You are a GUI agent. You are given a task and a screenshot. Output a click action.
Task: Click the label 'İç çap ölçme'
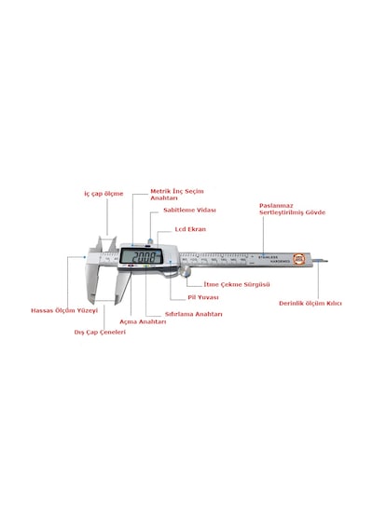coord(104,194)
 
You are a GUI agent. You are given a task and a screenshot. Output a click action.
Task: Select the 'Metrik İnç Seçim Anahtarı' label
coord(177,195)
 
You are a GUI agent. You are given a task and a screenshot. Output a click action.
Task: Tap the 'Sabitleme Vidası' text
coord(189,210)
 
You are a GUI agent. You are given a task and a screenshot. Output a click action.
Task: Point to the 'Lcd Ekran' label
coord(190,229)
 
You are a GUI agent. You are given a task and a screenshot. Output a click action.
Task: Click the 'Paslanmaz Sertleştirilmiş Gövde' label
coord(292,210)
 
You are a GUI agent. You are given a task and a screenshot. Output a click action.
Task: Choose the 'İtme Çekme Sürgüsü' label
coord(237,284)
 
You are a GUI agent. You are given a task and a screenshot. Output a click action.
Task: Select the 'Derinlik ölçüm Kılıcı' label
coord(311,304)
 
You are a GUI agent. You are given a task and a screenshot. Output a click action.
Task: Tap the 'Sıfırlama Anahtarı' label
coord(194,314)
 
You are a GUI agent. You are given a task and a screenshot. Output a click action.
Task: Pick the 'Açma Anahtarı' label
coord(143,321)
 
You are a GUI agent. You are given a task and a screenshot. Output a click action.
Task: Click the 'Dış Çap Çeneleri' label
coord(100,333)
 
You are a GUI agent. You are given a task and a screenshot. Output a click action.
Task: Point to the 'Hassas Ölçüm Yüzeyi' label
coord(64,310)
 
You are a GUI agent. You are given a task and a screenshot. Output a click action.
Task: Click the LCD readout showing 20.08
coord(142,256)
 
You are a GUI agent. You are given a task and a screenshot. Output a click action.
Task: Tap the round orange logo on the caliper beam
coord(299,259)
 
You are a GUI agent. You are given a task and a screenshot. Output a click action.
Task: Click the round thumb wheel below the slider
coord(186,271)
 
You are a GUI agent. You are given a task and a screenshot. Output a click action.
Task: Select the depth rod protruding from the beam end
coord(320,261)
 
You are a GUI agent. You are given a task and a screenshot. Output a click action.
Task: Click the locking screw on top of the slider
coord(149,240)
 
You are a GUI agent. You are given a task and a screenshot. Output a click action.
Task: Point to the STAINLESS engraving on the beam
coord(268,257)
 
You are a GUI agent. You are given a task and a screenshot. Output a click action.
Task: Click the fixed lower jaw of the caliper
coord(91,284)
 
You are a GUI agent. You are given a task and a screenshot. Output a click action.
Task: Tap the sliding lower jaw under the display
coord(122,287)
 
